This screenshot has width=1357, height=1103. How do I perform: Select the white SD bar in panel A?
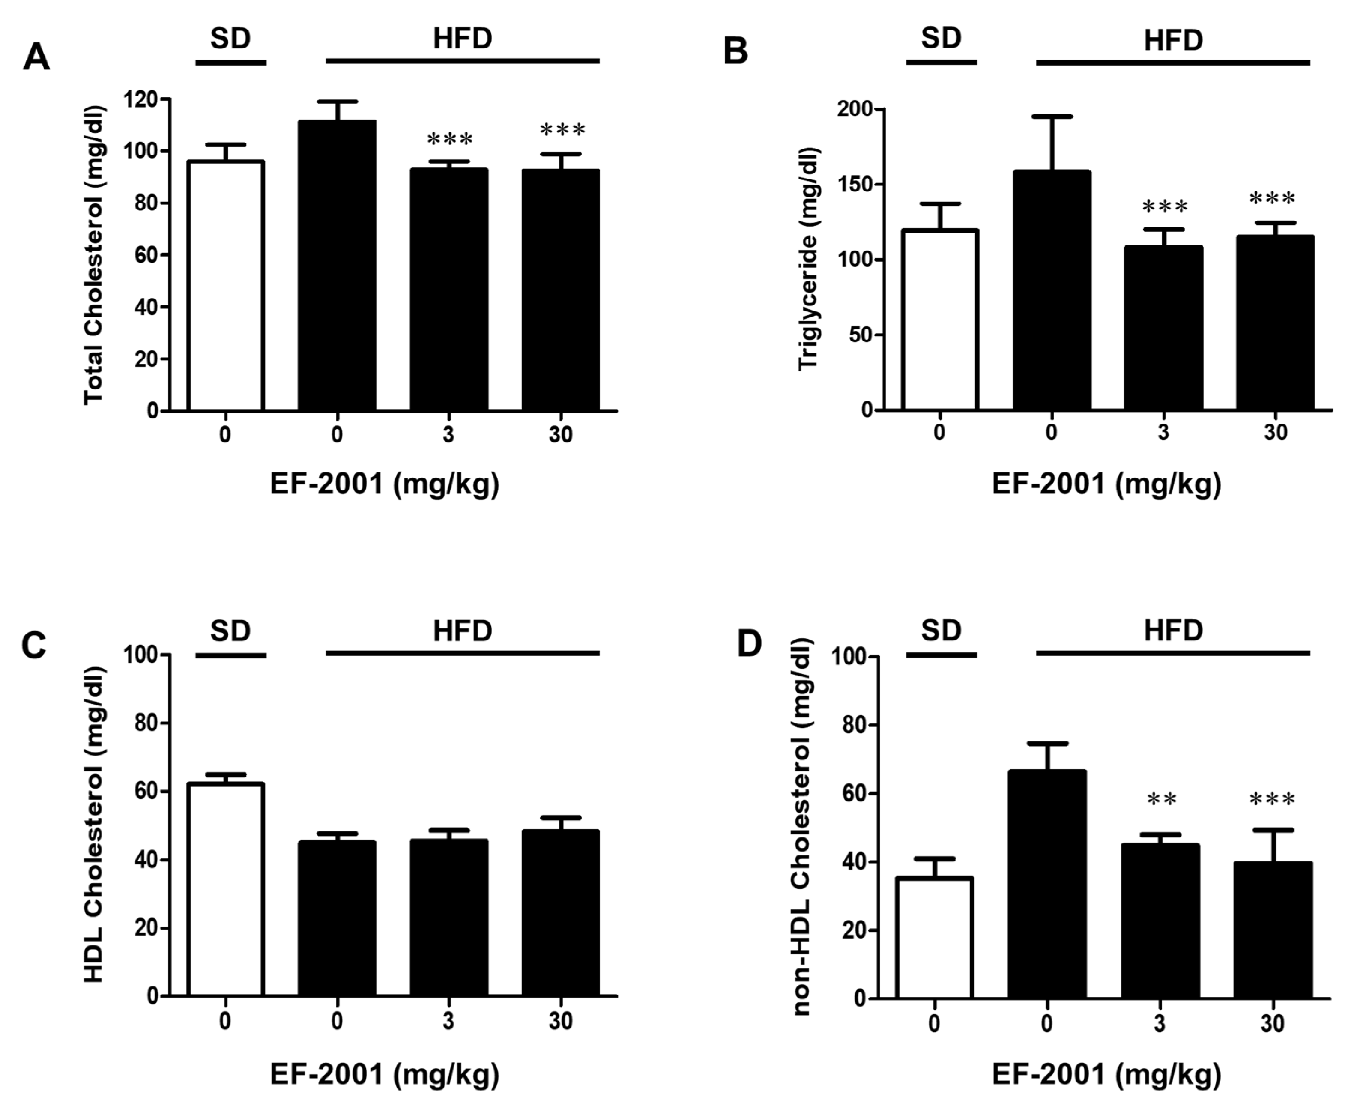(x=226, y=286)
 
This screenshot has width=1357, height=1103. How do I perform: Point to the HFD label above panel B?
(x=1173, y=41)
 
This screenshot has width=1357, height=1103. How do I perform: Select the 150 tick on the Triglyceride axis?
(x=853, y=185)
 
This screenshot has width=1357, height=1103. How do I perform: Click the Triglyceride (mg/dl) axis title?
(x=808, y=259)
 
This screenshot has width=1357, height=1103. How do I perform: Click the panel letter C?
(x=34, y=646)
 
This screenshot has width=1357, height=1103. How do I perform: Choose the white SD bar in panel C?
(x=226, y=890)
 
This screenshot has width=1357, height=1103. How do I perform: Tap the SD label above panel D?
(x=941, y=630)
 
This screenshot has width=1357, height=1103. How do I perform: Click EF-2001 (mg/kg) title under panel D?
(x=1106, y=1074)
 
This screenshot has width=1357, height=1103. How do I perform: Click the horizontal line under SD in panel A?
(x=230, y=62)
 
